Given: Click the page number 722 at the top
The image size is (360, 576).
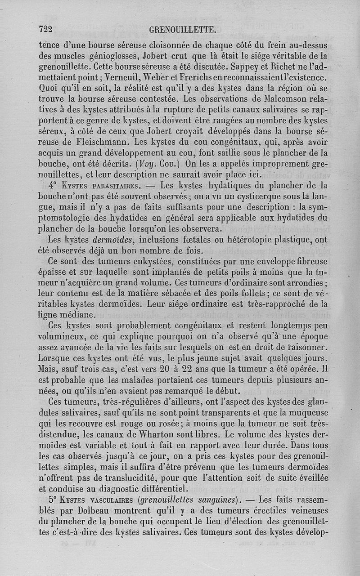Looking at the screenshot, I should pyautogui.click(x=46, y=30).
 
